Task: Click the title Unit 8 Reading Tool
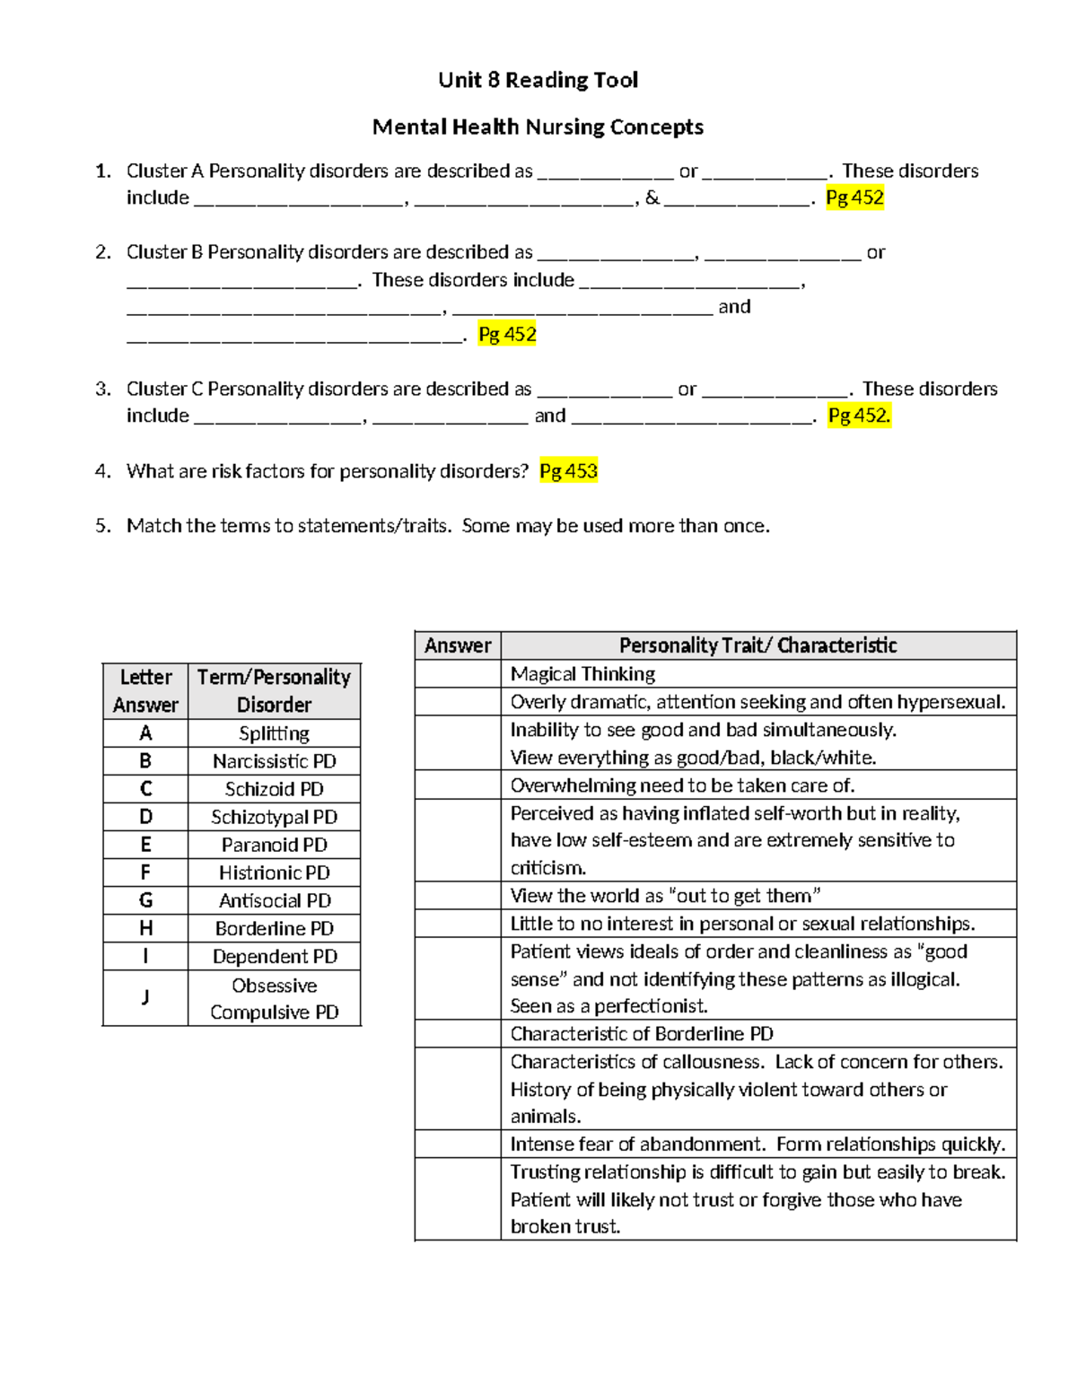(538, 80)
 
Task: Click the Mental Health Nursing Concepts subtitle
(538, 127)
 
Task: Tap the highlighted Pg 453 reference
(568, 471)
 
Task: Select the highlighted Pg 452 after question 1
(854, 197)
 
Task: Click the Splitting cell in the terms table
(274, 733)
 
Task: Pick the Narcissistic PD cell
(274, 761)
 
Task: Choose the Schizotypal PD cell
(274, 817)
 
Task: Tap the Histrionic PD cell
(274, 872)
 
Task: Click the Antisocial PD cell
(274, 900)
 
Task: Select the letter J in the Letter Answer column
(145, 997)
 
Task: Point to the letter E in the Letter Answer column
(145, 845)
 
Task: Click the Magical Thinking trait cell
(582, 674)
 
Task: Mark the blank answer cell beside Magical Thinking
(458, 674)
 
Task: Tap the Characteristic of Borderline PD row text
(642, 1033)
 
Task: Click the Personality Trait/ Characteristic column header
(757, 645)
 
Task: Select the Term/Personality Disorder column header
(274, 690)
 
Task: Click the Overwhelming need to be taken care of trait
(682, 785)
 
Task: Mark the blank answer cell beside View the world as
(458, 896)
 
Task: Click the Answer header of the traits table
(458, 645)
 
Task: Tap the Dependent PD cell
(274, 956)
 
